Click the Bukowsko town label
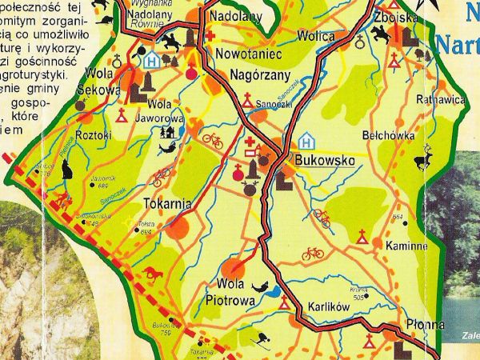click(x=325, y=160)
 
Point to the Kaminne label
click(x=406, y=246)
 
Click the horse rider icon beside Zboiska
click(x=379, y=33)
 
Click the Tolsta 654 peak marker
click(x=135, y=230)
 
